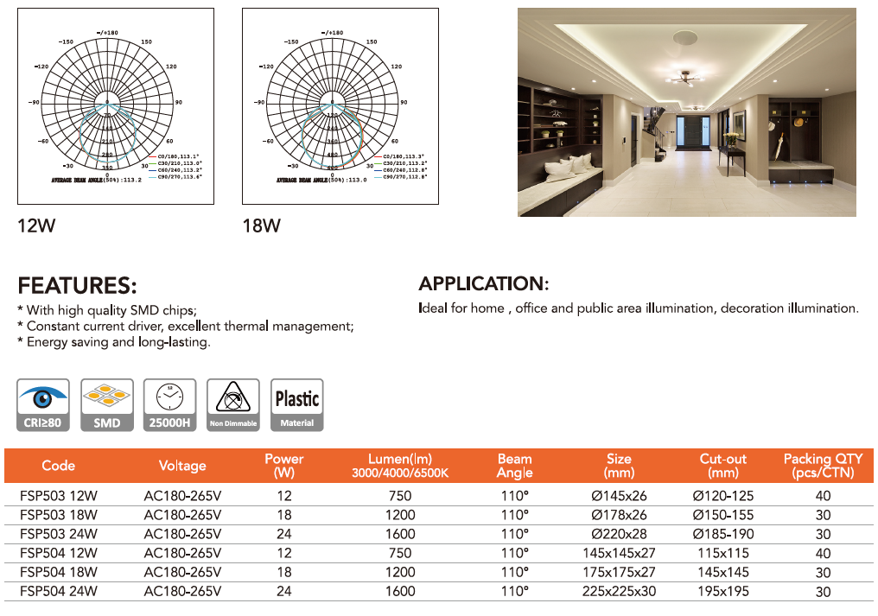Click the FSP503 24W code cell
click(59, 534)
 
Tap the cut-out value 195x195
click(723, 592)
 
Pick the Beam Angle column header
click(514, 466)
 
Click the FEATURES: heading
click(77, 286)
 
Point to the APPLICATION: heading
click(483, 284)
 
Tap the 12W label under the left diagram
click(36, 227)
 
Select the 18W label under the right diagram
click(261, 227)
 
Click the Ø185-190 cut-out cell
click(723, 534)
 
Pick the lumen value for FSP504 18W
click(400, 573)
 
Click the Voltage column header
click(182, 466)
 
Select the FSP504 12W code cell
click(59, 553)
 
